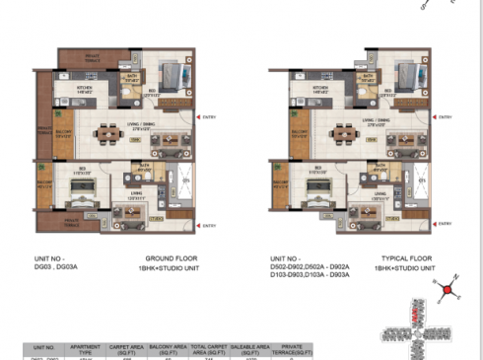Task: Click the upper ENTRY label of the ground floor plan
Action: (209, 118)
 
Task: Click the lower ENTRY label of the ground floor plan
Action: (209, 225)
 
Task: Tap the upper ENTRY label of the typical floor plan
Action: (445, 118)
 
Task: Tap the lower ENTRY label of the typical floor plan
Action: (445, 225)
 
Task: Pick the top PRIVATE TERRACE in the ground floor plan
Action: (92, 59)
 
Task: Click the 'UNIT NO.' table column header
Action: (43, 348)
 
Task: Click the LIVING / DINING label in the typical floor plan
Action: (382, 123)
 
